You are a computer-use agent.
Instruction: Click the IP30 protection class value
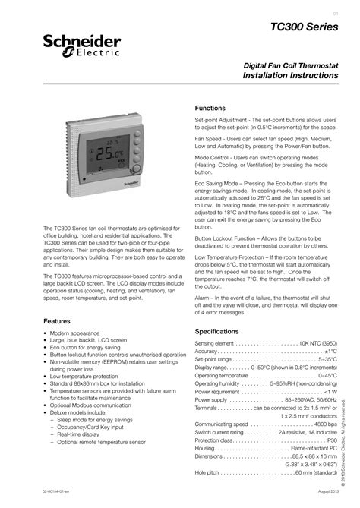point(331,440)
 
